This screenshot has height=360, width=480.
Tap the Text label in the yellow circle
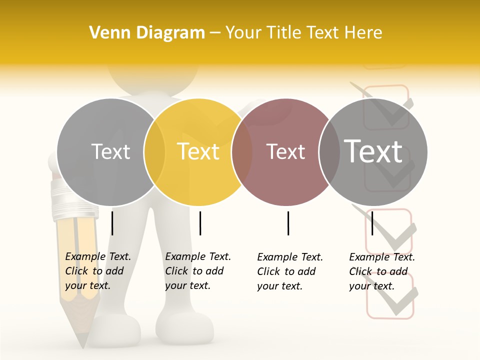[x=198, y=151]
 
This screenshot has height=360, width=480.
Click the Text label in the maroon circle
[x=285, y=151]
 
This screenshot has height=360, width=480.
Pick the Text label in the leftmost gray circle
[x=111, y=151]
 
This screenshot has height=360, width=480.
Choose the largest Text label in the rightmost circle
[x=373, y=151]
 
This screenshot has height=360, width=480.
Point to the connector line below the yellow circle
[x=200, y=223]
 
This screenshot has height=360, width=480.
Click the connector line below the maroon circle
[x=288, y=223]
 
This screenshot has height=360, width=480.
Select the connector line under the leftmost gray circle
[x=112, y=223]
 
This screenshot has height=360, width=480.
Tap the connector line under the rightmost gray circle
[x=372, y=223]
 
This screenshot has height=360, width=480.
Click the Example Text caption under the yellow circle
[x=197, y=270]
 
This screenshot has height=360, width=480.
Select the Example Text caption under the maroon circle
[x=289, y=271]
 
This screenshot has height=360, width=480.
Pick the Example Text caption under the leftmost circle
[x=97, y=270]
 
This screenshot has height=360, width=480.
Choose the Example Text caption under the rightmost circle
[x=381, y=271]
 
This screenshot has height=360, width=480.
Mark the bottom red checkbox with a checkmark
[x=390, y=296]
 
